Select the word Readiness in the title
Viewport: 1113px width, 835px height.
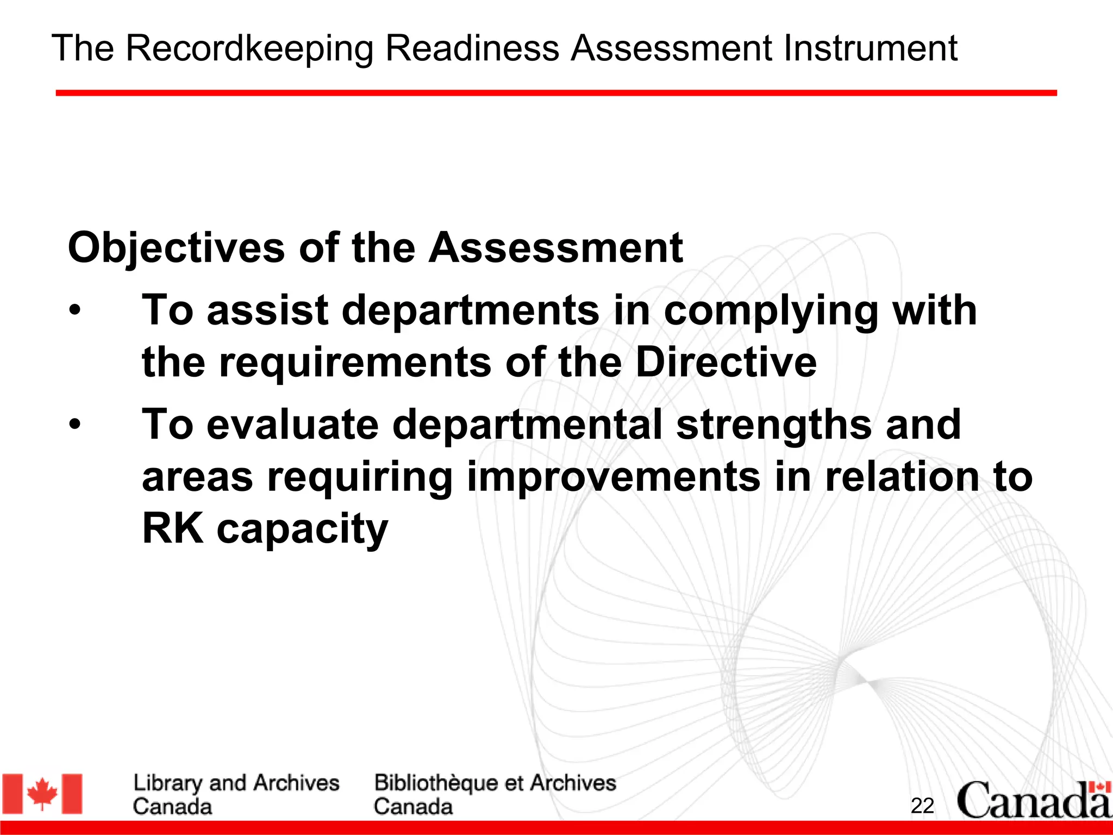(472, 49)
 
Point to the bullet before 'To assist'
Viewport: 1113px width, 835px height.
(75, 311)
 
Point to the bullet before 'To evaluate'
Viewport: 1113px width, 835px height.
(75, 425)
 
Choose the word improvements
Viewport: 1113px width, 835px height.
(614, 477)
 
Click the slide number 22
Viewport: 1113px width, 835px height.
(922, 806)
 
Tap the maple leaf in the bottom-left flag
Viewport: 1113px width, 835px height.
(42, 794)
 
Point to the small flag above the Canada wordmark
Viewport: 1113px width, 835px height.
(1100, 787)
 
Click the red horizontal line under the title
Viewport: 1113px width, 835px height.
(556, 94)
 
